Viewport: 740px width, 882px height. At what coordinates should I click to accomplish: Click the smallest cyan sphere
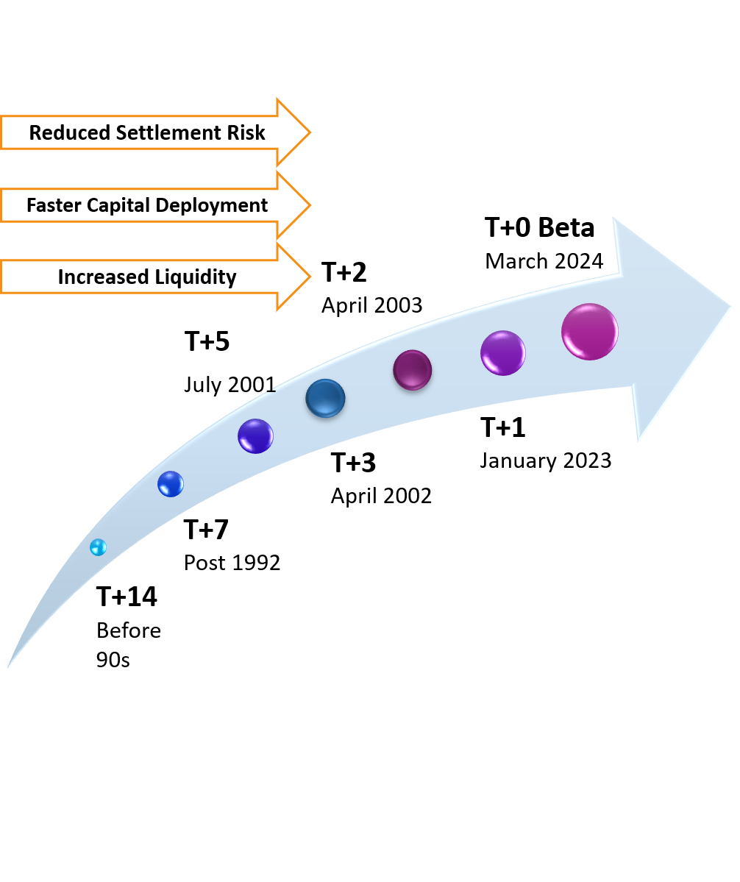tap(98, 547)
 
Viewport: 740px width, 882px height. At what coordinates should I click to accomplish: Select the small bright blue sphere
tap(171, 484)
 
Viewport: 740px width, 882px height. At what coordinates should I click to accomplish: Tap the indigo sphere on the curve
tap(255, 436)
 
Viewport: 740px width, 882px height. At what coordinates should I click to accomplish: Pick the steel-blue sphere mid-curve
tap(325, 399)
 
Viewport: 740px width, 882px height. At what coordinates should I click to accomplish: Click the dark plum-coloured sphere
tap(413, 370)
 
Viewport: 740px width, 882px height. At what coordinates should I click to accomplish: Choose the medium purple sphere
tap(503, 353)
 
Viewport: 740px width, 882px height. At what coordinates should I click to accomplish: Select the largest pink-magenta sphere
tap(590, 332)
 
